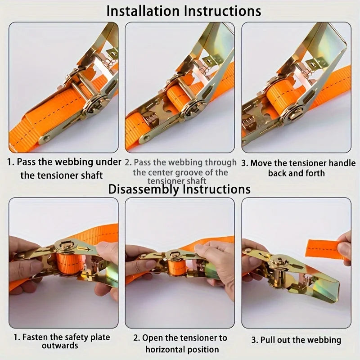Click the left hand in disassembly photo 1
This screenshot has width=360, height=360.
coord(22,265)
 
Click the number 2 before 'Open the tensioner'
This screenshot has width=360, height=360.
coord(136,337)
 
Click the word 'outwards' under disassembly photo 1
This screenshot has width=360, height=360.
coord(60,346)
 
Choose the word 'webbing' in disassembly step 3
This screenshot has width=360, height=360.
coord(322,340)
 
